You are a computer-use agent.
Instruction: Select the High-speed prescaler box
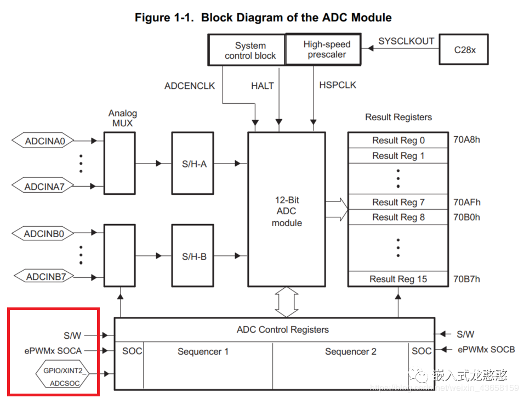pos(323,49)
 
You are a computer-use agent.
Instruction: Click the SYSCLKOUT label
pos(406,41)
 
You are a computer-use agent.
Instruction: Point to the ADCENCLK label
pos(190,86)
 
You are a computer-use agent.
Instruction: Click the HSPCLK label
pos(337,86)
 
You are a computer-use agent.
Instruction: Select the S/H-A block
pos(194,164)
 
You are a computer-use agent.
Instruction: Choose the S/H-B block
pos(194,256)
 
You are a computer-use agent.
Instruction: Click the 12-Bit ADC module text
pos(287,211)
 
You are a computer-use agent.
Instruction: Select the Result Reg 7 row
pos(398,202)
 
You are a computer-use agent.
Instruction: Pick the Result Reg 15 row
pos(398,279)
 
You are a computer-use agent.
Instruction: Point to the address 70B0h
pos(466,217)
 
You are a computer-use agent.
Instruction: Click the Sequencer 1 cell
pos(203,351)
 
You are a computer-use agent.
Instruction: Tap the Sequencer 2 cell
pos(350,351)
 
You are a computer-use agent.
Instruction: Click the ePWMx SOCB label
pos(486,350)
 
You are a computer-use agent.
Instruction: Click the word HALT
pos(262,86)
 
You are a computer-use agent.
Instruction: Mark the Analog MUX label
pos(122,118)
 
